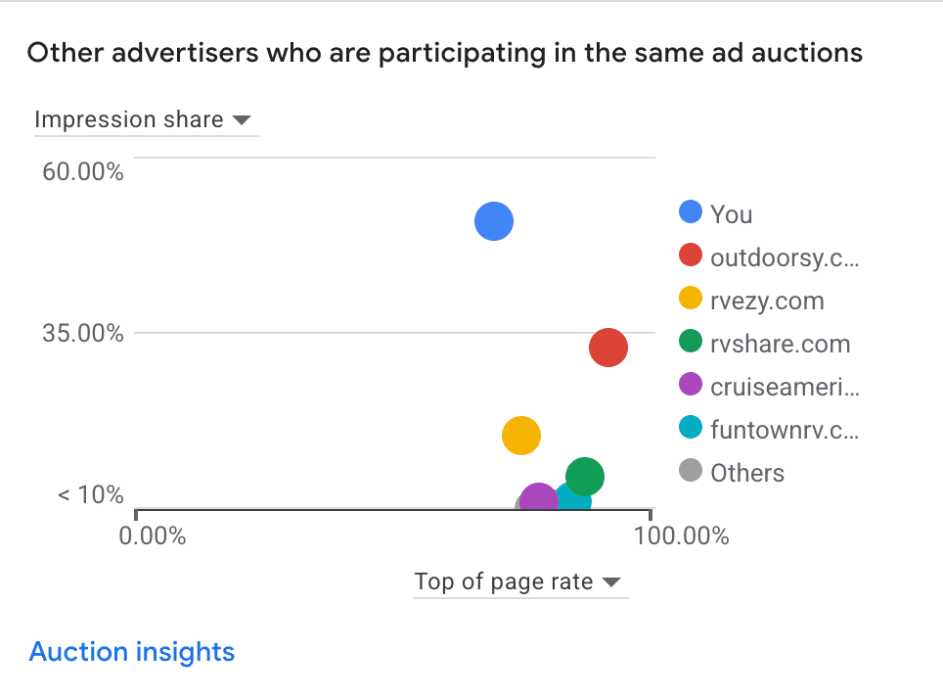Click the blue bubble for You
pyautogui.click(x=494, y=221)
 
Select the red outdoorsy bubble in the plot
pyautogui.click(x=607, y=347)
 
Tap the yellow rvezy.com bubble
pyautogui.click(x=521, y=436)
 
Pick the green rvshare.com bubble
pyautogui.click(x=584, y=477)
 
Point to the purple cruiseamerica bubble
pyautogui.click(x=538, y=499)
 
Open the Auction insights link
pyautogui.click(x=132, y=652)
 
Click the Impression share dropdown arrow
pyautogui.click(x=241, y=120)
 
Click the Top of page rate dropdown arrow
pyautogui.click(x=611, y=582)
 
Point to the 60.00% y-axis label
pyautogui.click(x=83, y=172)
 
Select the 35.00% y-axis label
pyautogui.click(x=83, y=334)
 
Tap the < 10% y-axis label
pyautogui.click(x=91, y=495)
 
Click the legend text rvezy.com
pyautogui.click(x=767, y=301)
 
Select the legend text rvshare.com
pyautogui.click(x=780, y=344)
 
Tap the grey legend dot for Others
pyautogui.click(x=692, y=472)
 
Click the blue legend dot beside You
pyautogui.click(x=692, y=212)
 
